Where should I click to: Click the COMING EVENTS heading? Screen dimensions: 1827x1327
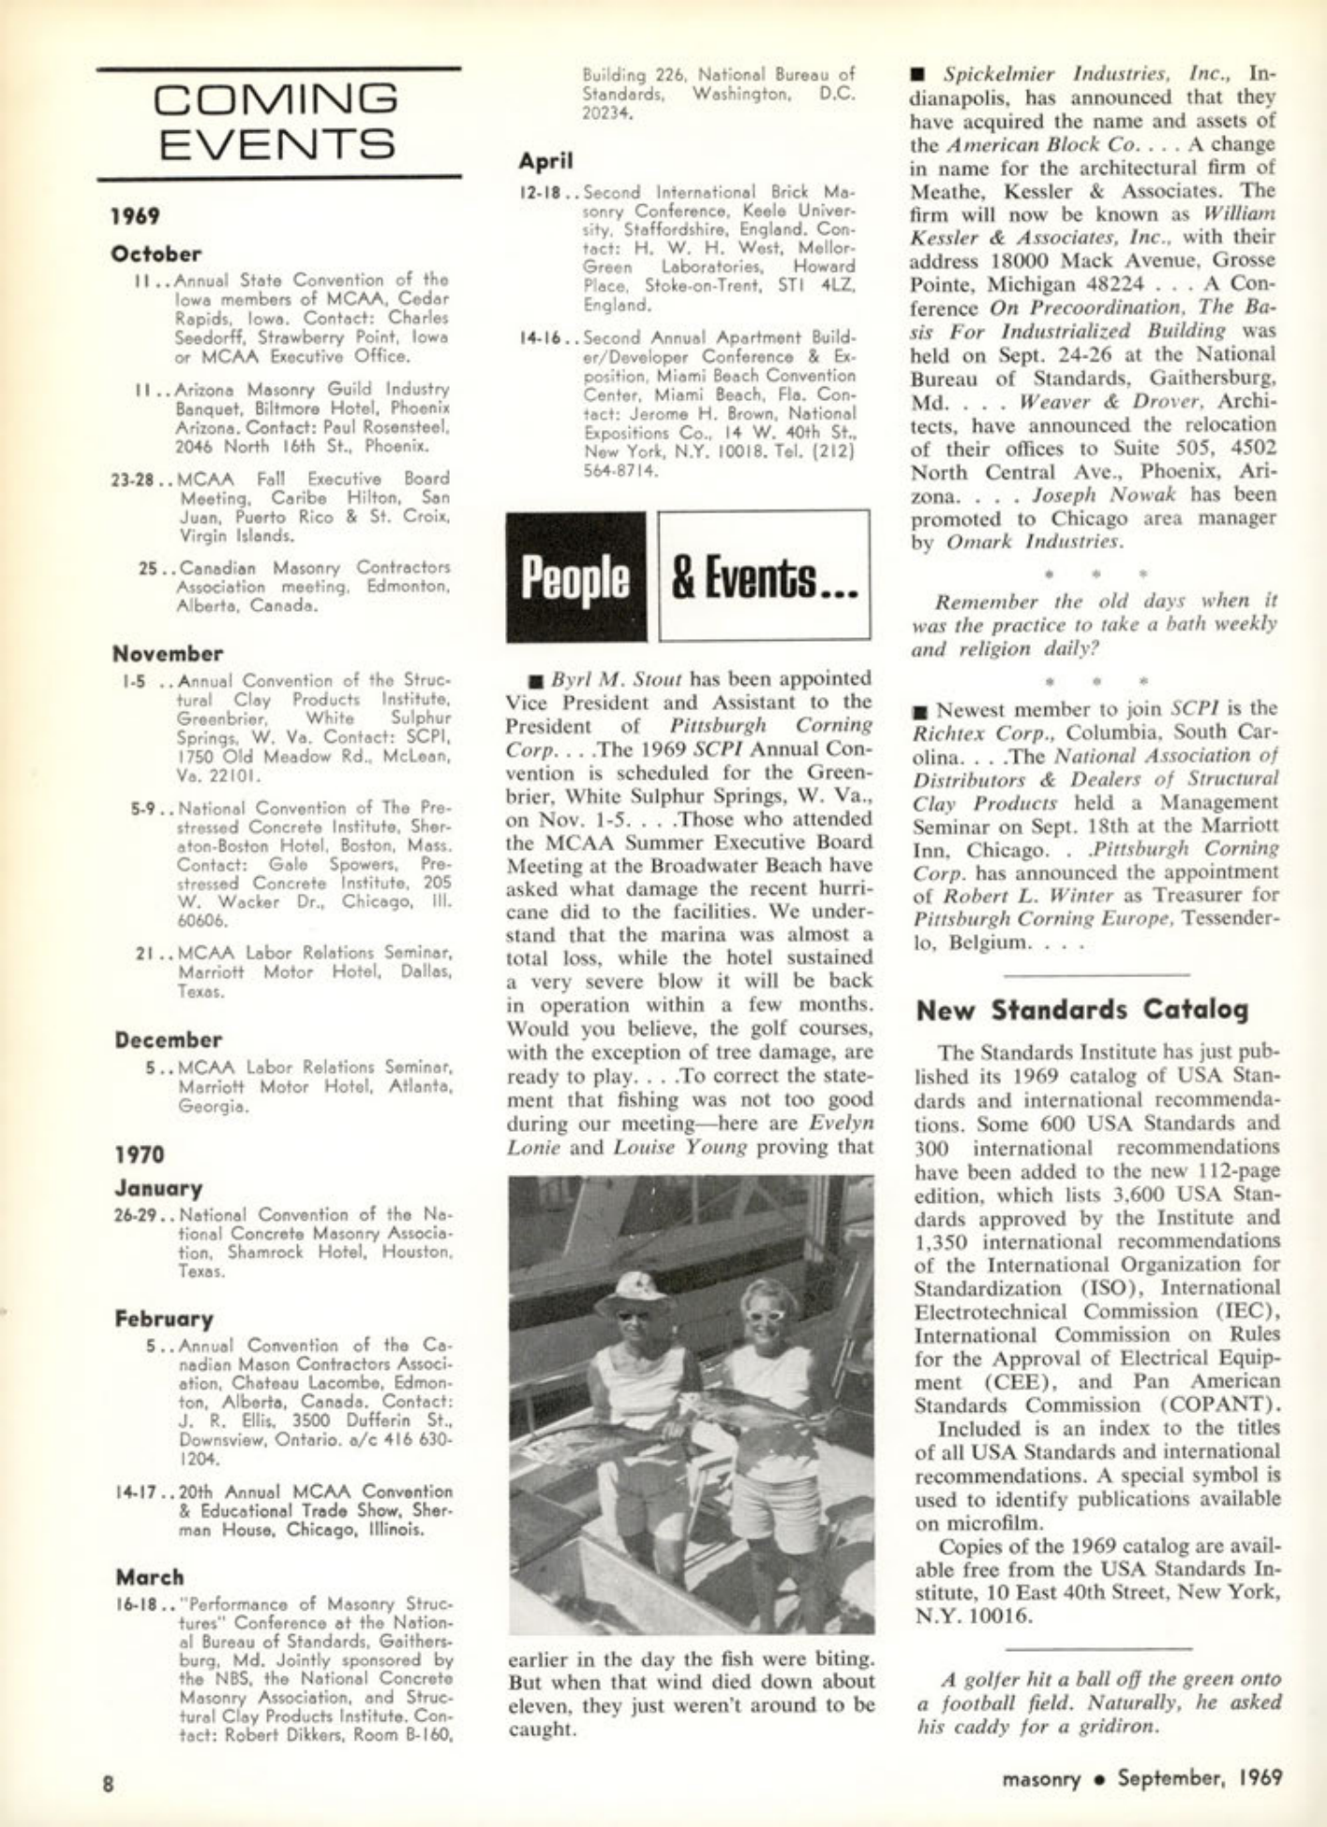tap(277, 122)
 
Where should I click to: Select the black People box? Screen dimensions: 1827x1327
tap(575, 577)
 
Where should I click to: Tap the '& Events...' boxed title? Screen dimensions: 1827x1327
tap(763, 577)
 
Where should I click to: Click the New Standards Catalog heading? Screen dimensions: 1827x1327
tap(1082, 1010)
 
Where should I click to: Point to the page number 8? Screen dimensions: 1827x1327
tap(108, 1784)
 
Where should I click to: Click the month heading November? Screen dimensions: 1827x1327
tap(168, 653)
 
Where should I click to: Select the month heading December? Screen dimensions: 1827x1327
tap(169, 1040)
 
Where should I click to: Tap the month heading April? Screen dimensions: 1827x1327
tap(545, 161)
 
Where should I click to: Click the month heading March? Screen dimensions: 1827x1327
tap(150, 1577)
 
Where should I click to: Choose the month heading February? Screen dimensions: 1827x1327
tap(164, 1319)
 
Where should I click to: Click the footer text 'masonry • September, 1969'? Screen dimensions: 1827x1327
tap(1141, 1777)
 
